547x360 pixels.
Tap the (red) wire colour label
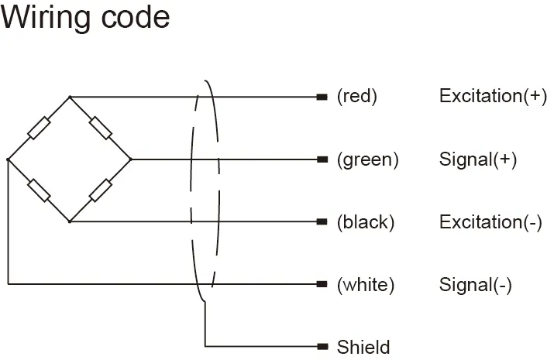pyautogui.click(x=356, y=97)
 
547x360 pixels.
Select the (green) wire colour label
pyautogui.click(x=367, y=159)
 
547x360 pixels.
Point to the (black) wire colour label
pyautogui.click(x=366, y=222)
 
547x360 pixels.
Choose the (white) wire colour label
pyautogui.click(x=366, y=284)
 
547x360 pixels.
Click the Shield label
pyautogui.click(x=363, y=346)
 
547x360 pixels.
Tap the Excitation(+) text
pyautogui.click(x=493, y=97)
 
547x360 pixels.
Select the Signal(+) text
pyautogui.click(x=477, y=159)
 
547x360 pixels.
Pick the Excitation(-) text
pyautogui.click(x=490, y=222)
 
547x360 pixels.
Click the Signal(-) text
pyautogui.click(x=475, y=284)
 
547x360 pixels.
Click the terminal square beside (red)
pyautogui.click(x=322, y=97)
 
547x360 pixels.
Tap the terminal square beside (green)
pyautogui.click(x=322, y=159)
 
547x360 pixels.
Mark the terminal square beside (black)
pyautogui.click(x=322, y=222)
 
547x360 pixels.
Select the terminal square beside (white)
pyautogui.click(x=322, y=284)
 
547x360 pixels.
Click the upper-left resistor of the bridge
pyautogui.click(x=39, y=129)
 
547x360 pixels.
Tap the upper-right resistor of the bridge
pyautogui.click(x=101, y=129)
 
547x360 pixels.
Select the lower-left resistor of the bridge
pyautogui.click(x=39, y=190)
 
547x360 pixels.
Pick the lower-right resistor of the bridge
pyautogui.click(x=101, y=190)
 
